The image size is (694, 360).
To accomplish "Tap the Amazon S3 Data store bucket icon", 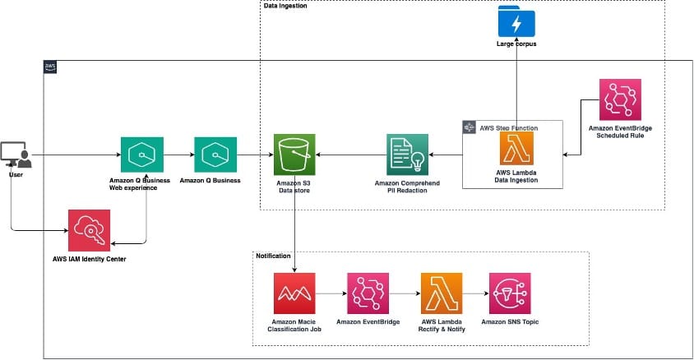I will coord(294,155).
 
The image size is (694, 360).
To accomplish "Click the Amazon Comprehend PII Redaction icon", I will coord(407,155).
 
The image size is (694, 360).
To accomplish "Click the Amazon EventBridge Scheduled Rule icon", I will coord(622,100).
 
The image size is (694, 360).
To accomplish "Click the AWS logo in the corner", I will coord(50,67).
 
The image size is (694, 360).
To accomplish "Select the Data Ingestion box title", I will coord(285,6).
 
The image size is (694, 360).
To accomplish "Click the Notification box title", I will coord(274,256).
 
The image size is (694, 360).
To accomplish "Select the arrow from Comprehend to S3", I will coord(351,155).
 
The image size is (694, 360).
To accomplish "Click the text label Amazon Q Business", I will coord(210,180).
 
